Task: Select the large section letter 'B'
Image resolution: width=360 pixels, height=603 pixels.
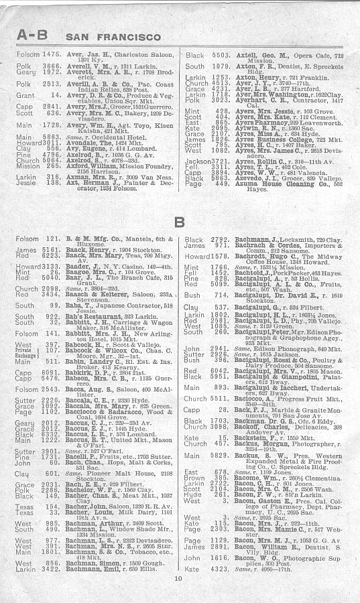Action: [179, 222]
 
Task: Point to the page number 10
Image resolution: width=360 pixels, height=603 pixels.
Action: [178, 578]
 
